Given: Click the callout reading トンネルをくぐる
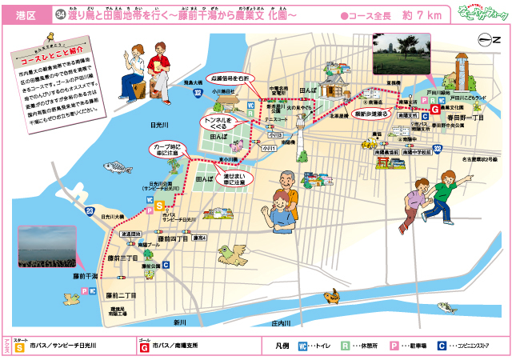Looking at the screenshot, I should click(214, 122).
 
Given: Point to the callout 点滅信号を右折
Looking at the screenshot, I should click(230, 79).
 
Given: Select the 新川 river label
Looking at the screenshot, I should click(179, 322).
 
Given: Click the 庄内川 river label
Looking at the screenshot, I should click(279, 323).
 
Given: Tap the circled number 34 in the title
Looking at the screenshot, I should click(61, 14).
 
